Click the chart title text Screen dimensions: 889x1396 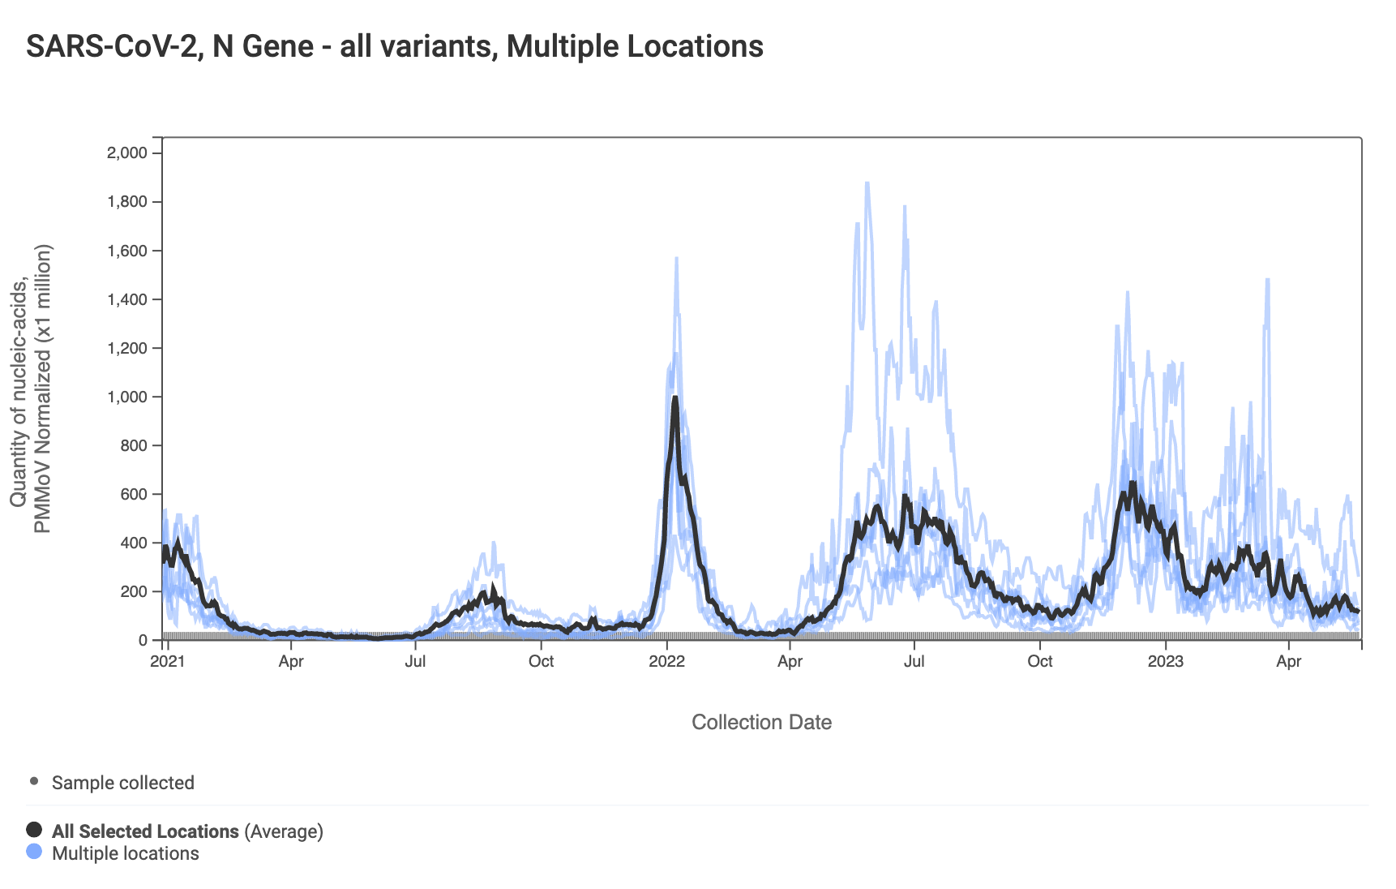tap(394, 47)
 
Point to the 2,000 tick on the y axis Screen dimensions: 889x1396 tap(127, 153)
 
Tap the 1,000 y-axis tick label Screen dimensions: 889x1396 tap(127, 397)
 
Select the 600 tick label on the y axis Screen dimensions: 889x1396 tap(134, 494)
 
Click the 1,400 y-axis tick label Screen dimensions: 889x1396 tap(127, 299)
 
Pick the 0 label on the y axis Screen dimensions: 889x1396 tap(143, 640)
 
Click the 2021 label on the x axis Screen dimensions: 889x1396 tap(168, 661)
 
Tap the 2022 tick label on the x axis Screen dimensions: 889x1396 tap(666, 661)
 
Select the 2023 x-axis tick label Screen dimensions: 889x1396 tap(1166, 661)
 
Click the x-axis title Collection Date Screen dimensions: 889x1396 tap(761, 722)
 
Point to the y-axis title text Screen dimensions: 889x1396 tap(31, 389)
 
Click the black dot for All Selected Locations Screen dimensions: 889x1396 tap(34, 829)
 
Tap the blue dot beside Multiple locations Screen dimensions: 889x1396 tap(34, 852)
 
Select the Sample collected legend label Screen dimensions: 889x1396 tap(123, 783)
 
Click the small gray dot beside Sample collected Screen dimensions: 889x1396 tap(34, 781)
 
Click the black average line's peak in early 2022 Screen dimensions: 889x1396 tap(674, 398)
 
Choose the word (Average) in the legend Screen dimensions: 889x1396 tap(284, 831)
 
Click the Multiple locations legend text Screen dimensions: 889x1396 tap(126, 853)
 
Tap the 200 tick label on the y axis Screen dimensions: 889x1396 tap(134, 591)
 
